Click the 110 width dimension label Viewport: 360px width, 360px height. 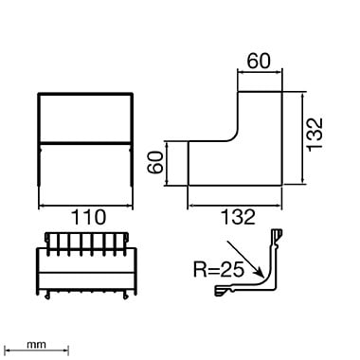[x=88, y=217]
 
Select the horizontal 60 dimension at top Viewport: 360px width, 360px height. [x=259, y=61]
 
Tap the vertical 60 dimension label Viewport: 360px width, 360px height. [x=155, y=162]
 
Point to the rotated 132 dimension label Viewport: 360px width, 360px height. [x=315, y=135]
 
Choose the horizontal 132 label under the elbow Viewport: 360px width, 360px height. [x=238, y=217]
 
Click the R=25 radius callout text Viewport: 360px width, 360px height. [x=219, y=269]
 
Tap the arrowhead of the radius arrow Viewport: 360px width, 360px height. [x=260, y=271]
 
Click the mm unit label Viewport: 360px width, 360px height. [x=36, y=344]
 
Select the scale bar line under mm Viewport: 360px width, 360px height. [x=37, y=351]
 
